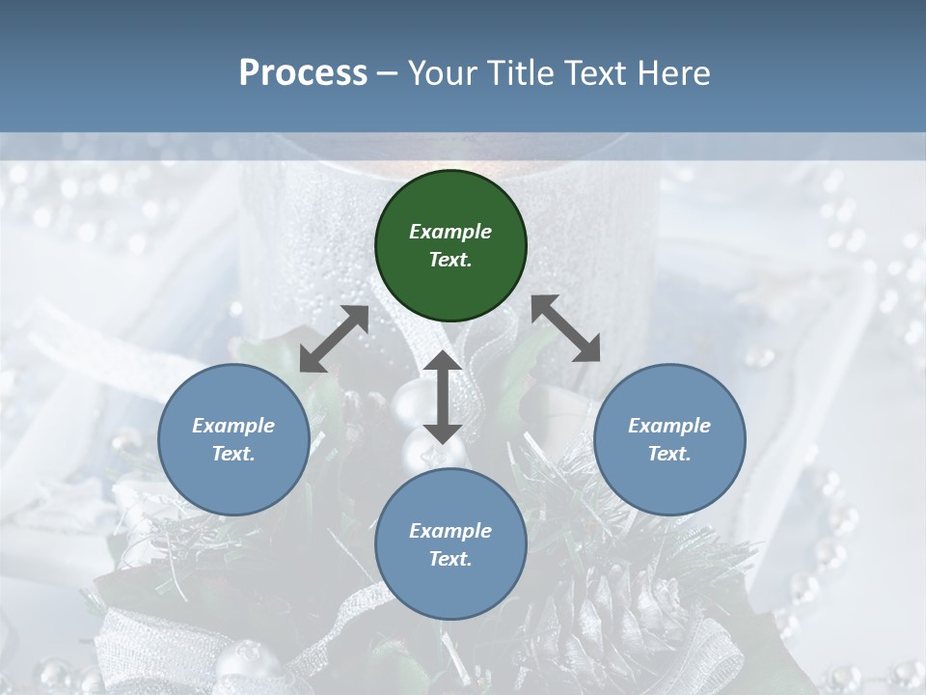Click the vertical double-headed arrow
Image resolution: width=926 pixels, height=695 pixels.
(x=443, y=397)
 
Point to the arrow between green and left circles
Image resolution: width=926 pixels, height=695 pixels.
(x=334, y=339)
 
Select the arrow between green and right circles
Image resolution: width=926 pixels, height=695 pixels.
(x=565, y=328)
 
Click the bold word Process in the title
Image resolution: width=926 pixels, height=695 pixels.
(x=303, y=72)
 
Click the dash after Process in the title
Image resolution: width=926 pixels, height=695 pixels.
(x=388, y=73)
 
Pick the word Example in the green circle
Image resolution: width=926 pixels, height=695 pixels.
(x=450, y=232)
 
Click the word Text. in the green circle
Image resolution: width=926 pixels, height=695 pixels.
(x=450, y=260)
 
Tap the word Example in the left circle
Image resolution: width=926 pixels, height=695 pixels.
(x=233, y=426)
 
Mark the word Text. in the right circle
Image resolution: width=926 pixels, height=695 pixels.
(x=669, y=454)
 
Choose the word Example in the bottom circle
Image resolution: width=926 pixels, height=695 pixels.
(x=450, y=531)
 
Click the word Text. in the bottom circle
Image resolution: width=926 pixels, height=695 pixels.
(x=450, y=559)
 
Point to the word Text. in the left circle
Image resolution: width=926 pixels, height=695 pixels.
(x=233, y=454)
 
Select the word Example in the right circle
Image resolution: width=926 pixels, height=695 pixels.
(x=669, y=426)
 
